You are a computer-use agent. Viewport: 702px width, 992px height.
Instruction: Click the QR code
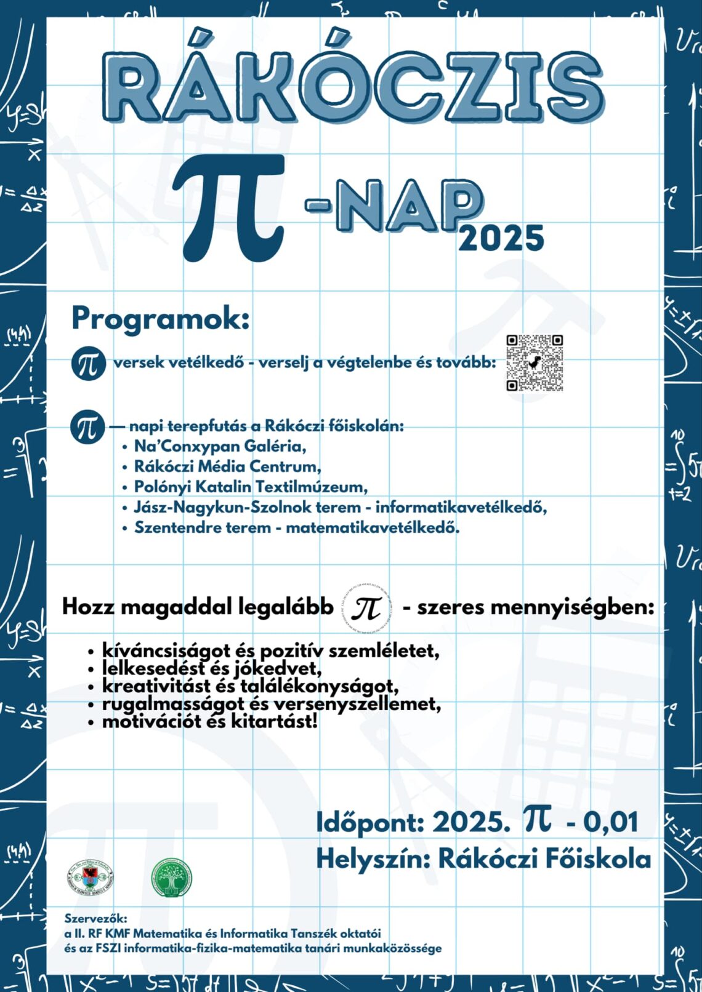535,363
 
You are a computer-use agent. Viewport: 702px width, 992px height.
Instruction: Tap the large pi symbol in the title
231,206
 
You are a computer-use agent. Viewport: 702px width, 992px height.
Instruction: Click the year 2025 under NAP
501,238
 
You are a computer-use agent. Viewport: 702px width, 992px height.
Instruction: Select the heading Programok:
161,318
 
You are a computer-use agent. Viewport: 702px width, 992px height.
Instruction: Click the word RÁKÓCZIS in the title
352,86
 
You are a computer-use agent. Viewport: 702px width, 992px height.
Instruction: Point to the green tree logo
171,878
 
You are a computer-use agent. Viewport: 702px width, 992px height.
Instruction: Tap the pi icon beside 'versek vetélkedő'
88,363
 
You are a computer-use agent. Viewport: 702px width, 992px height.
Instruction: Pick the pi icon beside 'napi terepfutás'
87,427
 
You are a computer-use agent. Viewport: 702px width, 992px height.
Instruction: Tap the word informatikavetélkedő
461,507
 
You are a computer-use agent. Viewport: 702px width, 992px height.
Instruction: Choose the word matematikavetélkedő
372,527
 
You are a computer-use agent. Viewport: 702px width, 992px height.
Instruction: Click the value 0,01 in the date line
610,822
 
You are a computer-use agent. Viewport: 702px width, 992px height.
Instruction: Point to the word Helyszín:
373,859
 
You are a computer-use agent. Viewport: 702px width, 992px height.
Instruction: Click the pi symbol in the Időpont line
538,820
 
